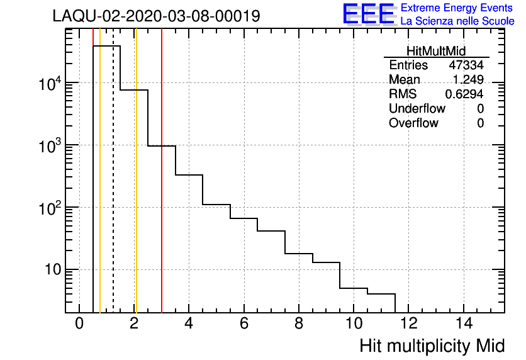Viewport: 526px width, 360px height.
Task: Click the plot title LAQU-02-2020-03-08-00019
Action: point(156,16)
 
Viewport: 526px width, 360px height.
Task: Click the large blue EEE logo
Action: point(368,14)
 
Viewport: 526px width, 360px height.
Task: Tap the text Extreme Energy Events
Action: point(457,8)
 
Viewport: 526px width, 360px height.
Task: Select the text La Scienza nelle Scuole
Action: point(457,21)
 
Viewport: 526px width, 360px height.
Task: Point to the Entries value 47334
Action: point(466,65)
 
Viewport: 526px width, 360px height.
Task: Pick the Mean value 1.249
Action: point(468,80)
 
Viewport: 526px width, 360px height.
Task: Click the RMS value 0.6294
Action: point(464,94)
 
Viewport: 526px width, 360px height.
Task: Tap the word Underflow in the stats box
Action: point(417,108)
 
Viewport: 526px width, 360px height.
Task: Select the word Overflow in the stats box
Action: point(413,123)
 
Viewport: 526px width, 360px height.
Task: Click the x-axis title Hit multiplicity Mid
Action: point(432,346)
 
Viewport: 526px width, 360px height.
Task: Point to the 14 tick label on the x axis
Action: point(463,323)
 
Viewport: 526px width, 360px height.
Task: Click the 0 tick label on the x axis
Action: point(79,323)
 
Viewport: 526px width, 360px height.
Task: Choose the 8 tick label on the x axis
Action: point(299,323)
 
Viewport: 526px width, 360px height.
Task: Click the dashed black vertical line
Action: point(113,189)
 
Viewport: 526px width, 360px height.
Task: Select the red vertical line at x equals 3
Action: point(162,189)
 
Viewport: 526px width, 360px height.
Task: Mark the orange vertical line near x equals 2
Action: point(135,189)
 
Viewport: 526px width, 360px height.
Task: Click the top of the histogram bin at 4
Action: point(189,175)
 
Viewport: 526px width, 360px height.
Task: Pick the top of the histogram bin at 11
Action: point(381,294)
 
